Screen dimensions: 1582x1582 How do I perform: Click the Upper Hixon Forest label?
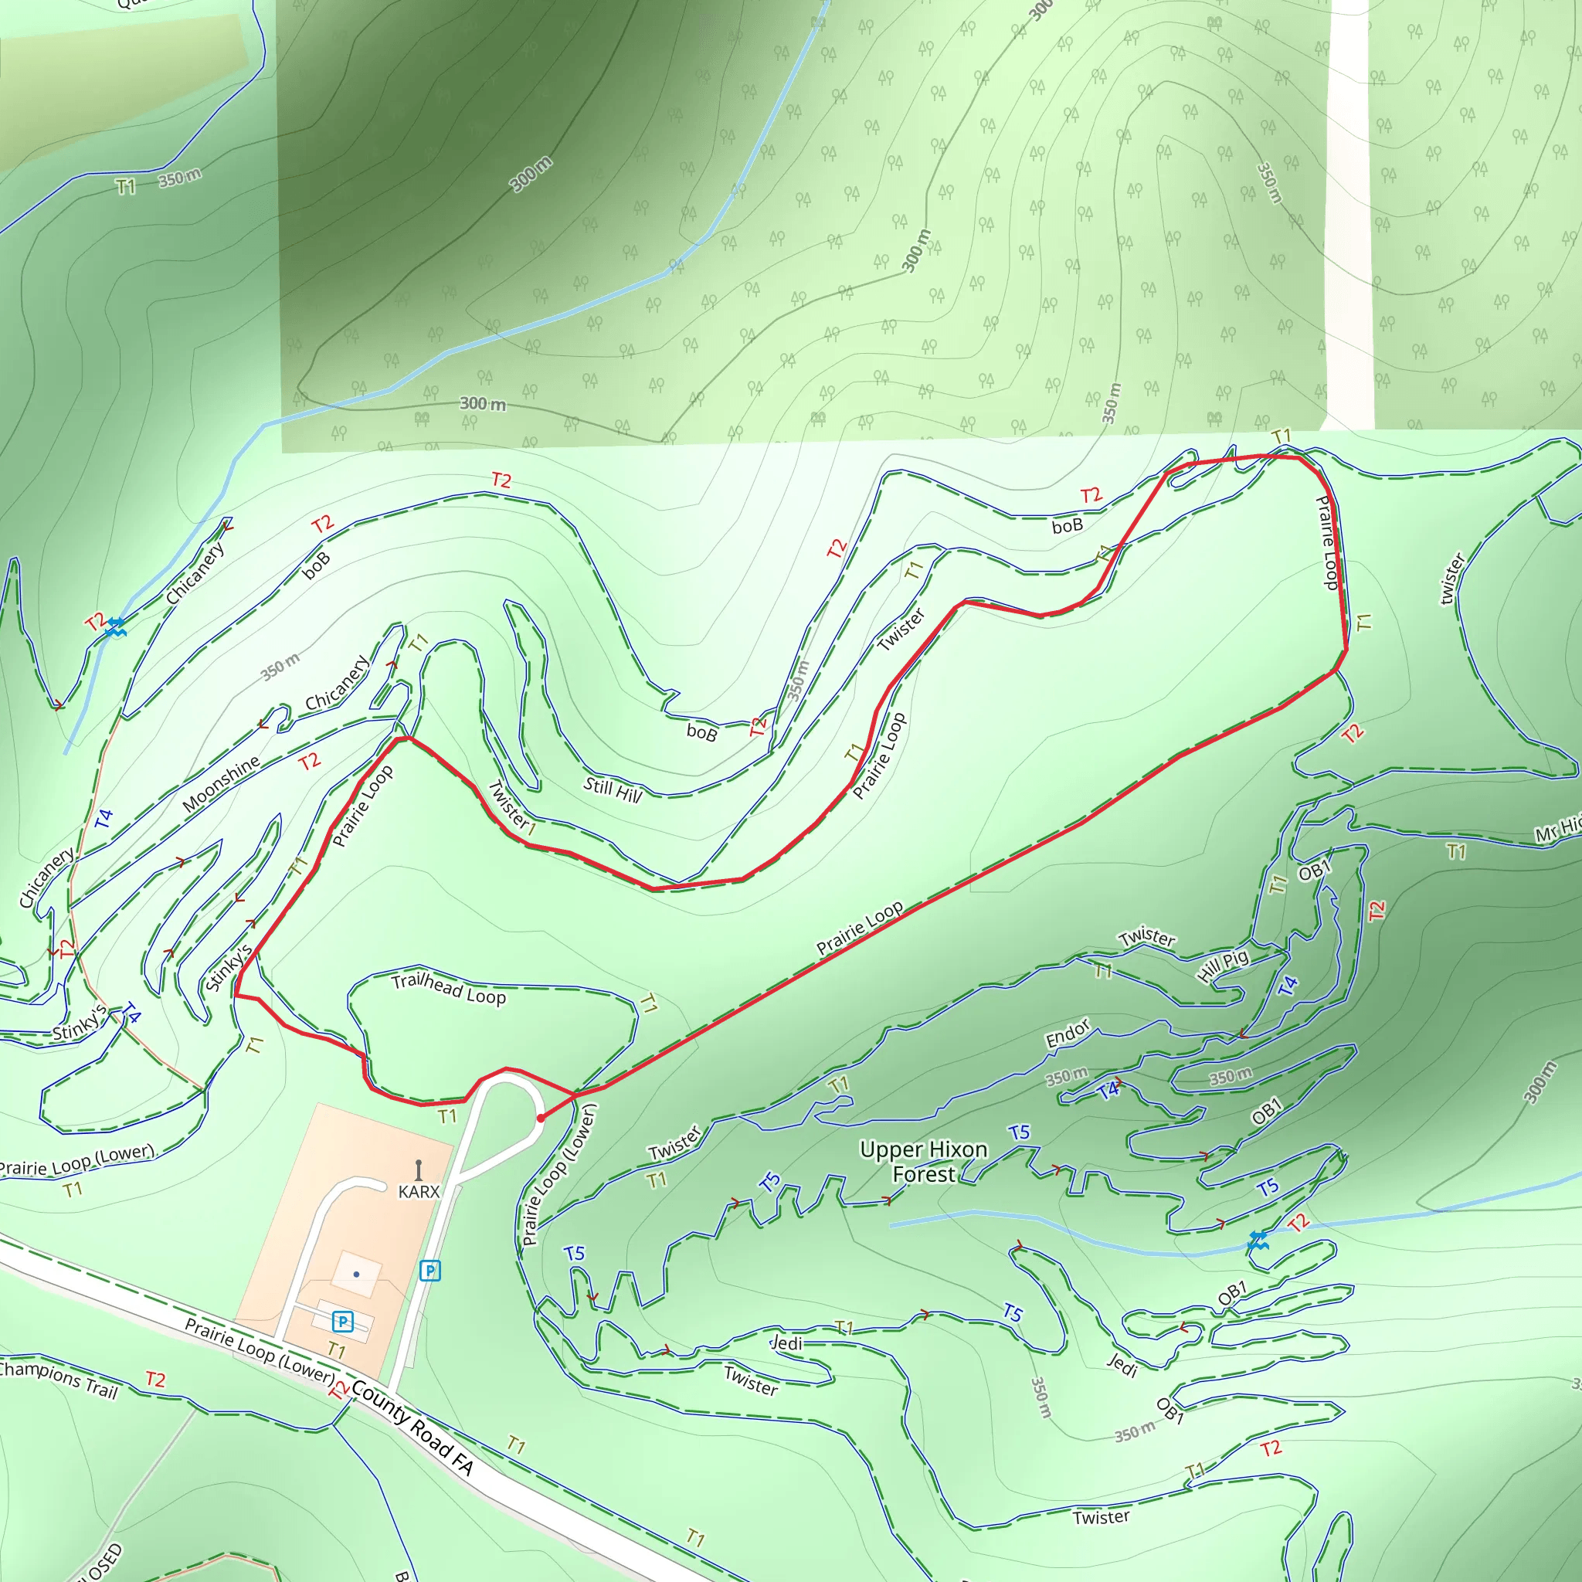pyautogui.click(x=923, y=1162)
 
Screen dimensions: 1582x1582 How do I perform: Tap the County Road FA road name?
pyautogui.click(x=412, y=1428)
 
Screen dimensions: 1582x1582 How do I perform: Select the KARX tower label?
pyautogui.click(x=419, y=1191)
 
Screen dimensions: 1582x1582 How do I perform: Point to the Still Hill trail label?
pyautogui.click(x=613, y=790)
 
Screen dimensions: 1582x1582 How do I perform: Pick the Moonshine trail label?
pyautogui.click(x=221, y=783)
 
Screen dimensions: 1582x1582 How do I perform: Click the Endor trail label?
pyautogui.click(x=1068, y=1034)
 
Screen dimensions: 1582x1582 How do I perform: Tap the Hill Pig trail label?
pyautogui.click(x=1223, y=966)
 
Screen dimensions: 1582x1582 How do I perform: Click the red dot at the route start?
pyautogui.click(x=541, y=1118)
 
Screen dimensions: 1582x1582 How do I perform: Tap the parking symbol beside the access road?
pyautogui.click(x=430, y=1271)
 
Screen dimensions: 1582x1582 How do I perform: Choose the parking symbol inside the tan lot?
pyautogui.click(x=342, y=1321)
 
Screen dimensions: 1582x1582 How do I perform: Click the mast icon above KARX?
pyautogui.click(x=419, y=1169)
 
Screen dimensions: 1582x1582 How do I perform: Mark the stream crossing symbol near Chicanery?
pyautogui.click(x=115, y=628)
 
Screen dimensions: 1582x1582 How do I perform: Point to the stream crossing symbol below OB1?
pyautogui.click(x=1257, y=1241)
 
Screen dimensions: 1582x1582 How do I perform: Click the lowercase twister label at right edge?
pyautogui.click(x=1451, y=580)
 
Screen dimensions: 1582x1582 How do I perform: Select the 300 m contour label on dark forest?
pyautogui.click(x=531, y=175)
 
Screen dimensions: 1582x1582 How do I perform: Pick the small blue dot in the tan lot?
pyautogui.click(x=356, y=1274)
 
